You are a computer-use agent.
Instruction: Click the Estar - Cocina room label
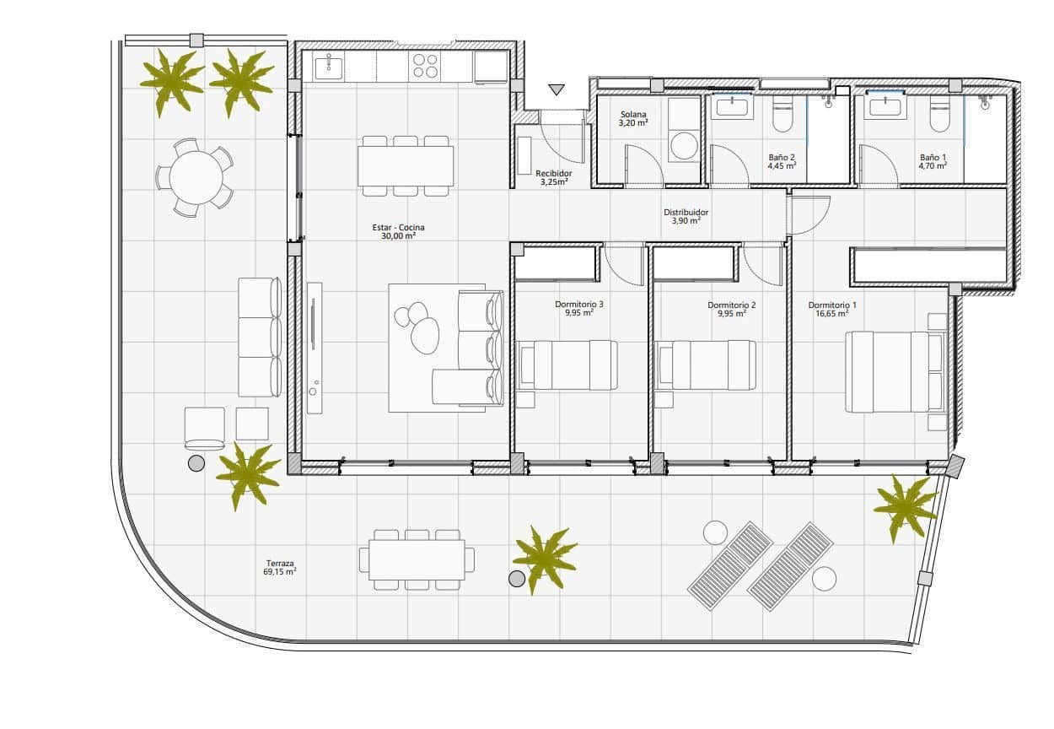(398, 228)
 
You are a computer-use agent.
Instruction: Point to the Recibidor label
(553, 173)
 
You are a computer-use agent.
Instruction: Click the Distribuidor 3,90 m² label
(686, 217)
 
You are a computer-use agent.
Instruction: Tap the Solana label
(633, 115)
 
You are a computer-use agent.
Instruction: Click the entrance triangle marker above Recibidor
(556, 89)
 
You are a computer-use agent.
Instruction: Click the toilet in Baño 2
(781, 118)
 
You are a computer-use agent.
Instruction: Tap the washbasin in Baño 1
(885, 106)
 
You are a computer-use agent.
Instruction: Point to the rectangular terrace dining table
(417, 559)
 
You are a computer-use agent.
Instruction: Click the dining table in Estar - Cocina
(406, 166)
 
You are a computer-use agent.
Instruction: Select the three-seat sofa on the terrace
(259, 337)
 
